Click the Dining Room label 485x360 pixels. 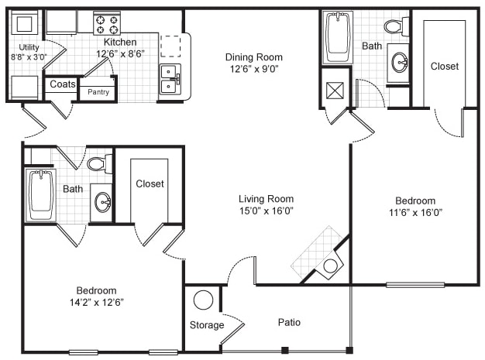coord(253,57)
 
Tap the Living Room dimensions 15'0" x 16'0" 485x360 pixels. coord(265,210)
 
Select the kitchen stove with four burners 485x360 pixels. coord(106,23)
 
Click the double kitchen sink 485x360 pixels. coord(170,78)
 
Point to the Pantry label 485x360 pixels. coord(98,91)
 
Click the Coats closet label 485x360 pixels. coord(62,84)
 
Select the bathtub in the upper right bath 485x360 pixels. coord(339,36)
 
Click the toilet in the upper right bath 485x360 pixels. coord(395,26)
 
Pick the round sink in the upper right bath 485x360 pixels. coord(399,63)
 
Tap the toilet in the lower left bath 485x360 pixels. coord(98,163)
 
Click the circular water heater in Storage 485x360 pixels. coord(204,300)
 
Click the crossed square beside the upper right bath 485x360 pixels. coord(336,91)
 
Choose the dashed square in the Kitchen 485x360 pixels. coord(170,46)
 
